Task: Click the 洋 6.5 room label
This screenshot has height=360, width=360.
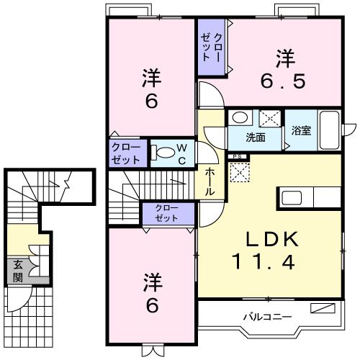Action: pos(284,67)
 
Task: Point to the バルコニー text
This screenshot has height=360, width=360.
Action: pos(266,316)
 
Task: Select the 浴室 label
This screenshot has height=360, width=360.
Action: pos(301,131)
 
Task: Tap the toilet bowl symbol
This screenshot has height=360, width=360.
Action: pos(165,152)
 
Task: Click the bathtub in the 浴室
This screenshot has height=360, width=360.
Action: pos(329,130)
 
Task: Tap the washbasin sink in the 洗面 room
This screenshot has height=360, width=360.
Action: pos(239,117)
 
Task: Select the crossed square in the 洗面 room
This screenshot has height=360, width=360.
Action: pos(269,119)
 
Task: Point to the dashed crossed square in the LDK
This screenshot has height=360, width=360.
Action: pos(238,171)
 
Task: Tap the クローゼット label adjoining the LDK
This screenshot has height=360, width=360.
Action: pos(167,213)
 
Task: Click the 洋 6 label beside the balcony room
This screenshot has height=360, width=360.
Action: pos(151,292)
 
